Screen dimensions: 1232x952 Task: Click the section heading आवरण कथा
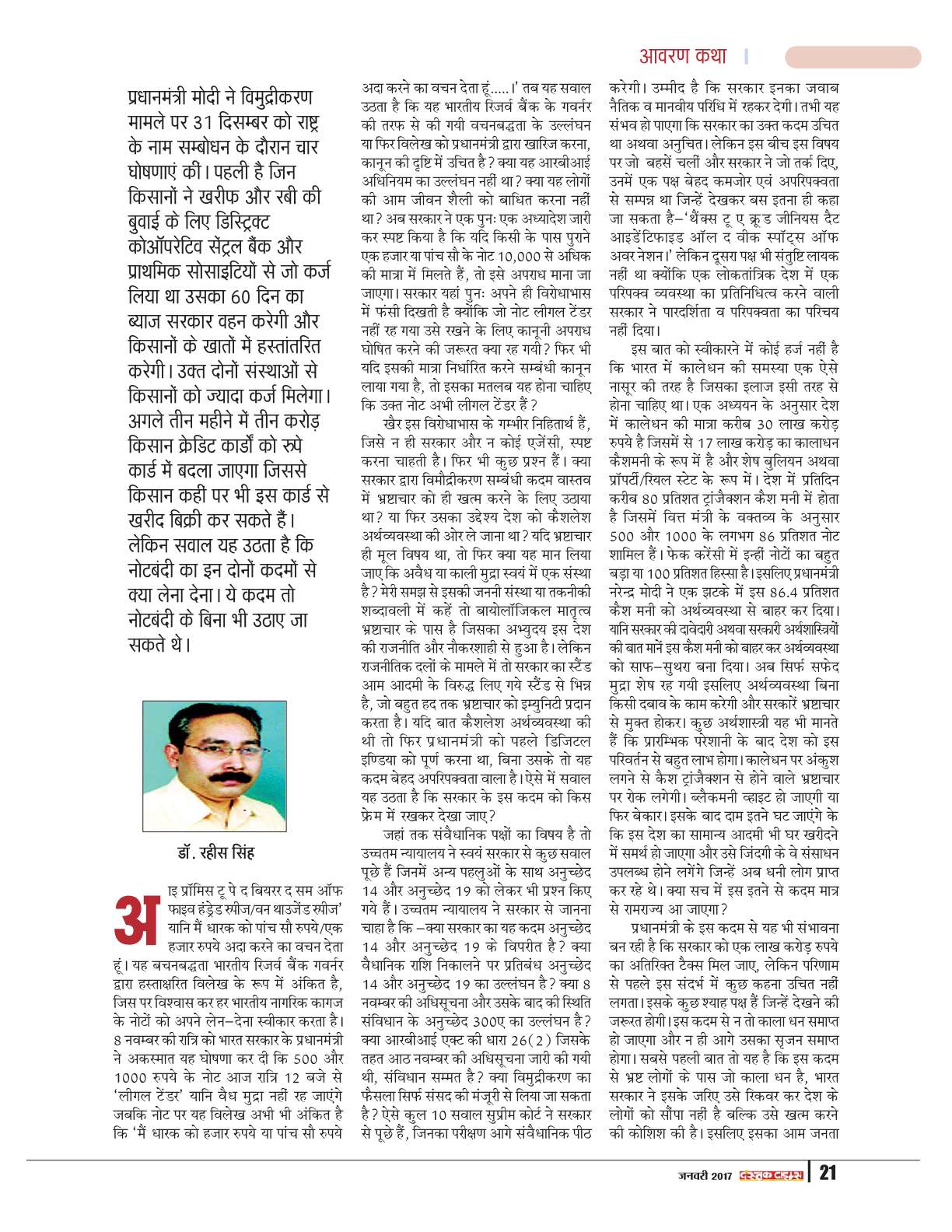tap(682, 56)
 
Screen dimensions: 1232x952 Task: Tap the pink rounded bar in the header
tap(852, 57)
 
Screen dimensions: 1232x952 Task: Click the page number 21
tap(828, 1172)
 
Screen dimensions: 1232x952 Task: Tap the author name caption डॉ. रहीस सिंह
tap(215, 852)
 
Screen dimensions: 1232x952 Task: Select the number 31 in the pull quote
tap(205, 123)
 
